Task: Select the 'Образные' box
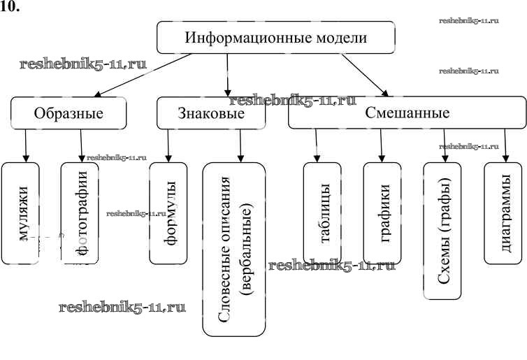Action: pos(68,113)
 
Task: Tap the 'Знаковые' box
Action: pos(211,113)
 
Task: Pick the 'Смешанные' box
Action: pos(407,113)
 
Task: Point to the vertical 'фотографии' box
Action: pos(82,213)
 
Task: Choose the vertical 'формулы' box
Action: pos(168,213)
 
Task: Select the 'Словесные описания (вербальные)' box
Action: pos(234,248)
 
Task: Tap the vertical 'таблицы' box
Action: pos(322,213)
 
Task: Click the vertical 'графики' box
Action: pos(382,213)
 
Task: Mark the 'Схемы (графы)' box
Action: pos(442,231)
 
